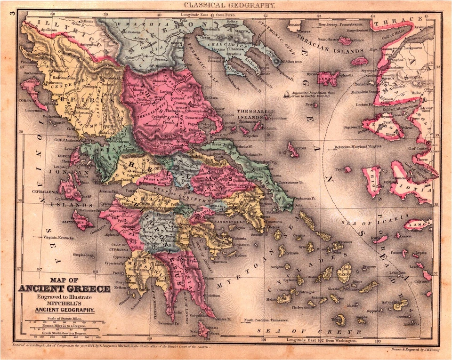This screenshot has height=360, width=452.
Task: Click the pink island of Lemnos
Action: [328, 78]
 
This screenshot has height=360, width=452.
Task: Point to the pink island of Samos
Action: [417, 225]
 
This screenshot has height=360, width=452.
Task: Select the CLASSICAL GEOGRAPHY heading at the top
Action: [229, 5]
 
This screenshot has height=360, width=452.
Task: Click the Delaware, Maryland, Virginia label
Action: [359, 147]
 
